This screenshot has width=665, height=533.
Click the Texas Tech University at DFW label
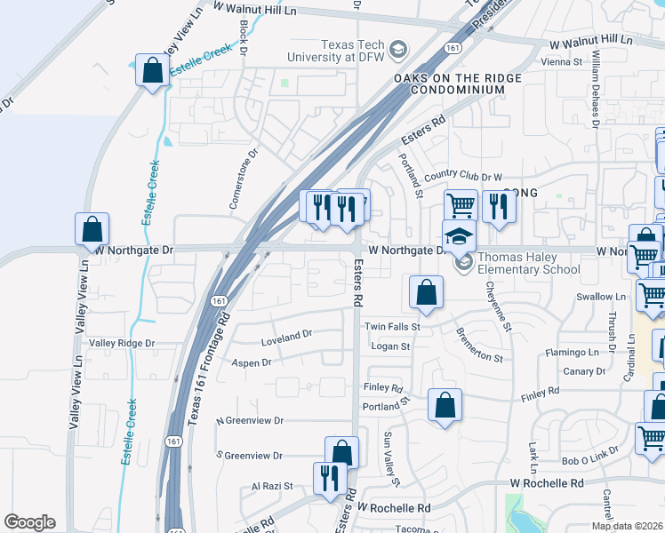337,51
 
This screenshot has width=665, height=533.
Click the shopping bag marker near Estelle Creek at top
152,70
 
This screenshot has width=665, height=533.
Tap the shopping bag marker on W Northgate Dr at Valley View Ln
92,229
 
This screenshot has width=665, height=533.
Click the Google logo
29,522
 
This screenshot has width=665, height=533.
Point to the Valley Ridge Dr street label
122,343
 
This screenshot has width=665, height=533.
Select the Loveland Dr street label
286,335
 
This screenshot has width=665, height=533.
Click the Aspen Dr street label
251,362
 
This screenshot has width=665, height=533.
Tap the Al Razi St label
272,486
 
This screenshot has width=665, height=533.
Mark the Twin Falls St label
392,327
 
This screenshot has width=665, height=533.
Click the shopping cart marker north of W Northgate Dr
461,205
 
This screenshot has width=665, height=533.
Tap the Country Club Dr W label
462,177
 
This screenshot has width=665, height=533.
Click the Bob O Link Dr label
590,462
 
